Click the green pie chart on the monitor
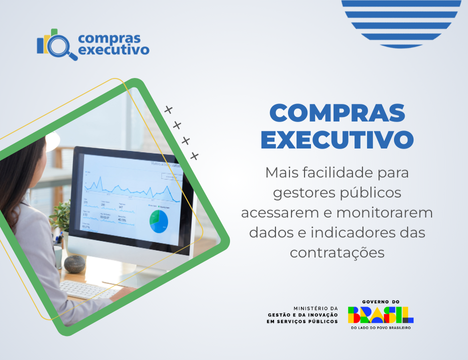click(159, 220)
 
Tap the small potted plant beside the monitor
click(62, 216)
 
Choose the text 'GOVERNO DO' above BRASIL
click(381, 301)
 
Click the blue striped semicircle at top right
click(394, 18)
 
